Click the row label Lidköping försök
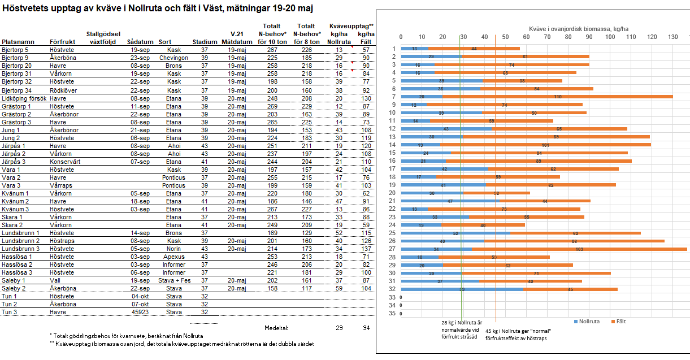coord(24,98)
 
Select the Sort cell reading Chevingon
coord(173,58)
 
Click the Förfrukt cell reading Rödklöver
coord(63,90)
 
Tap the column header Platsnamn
coord(18,42)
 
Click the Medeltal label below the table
coord(276,327)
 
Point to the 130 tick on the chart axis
coord(672,37)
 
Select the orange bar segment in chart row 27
coord(579,249)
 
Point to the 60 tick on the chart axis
coord(526,37)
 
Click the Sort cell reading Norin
coord(173,249)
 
